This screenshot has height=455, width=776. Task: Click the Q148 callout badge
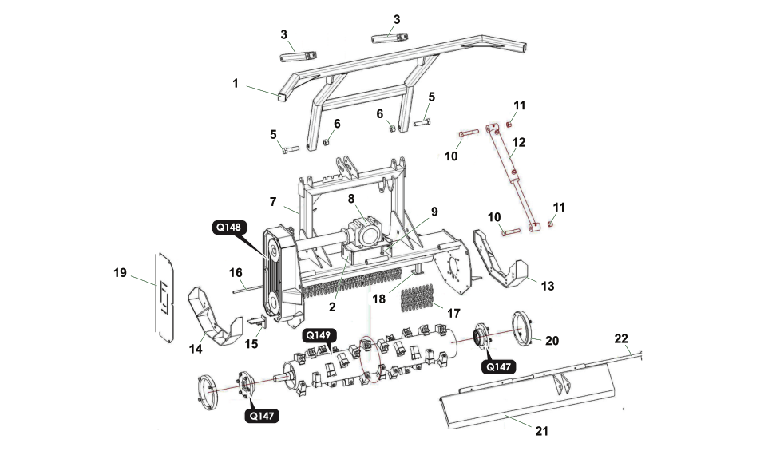click(x=229, y=227)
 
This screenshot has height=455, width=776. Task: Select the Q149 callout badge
click(x=318, y=335)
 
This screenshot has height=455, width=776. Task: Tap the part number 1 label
click(x=236, y=83)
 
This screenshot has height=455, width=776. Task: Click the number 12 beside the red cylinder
click(x=518, y=142)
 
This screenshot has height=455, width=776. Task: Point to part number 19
click(x=120, y=272)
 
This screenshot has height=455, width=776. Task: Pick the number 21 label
click(x=542, y=431)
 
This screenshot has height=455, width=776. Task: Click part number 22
click(x=620, y=338)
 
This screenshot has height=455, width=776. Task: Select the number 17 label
click(x=453, y=313)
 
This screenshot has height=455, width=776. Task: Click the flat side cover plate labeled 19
click(x=164, y=299)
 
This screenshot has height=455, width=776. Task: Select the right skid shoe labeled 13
click(x=500, y=259)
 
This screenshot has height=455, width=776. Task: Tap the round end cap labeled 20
click(x=521, y=329)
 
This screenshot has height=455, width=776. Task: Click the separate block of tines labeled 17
click(x=418, y=295)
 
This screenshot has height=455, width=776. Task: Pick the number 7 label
click(x=273, y=202)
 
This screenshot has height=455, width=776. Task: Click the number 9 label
click(x=434, y=212)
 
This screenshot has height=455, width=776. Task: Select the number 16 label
click(x=236, y=272)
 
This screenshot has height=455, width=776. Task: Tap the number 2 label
click(x=332, y=307)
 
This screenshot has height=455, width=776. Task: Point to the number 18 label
click(x=378, y=299)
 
